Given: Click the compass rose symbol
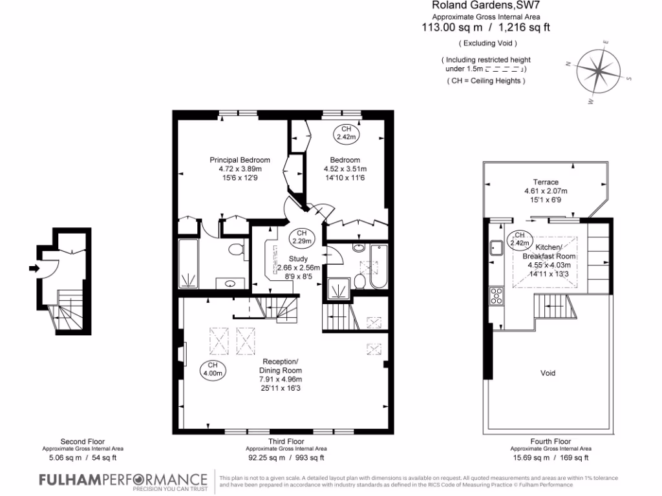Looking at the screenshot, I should pyautogui.click(x=598, y=72).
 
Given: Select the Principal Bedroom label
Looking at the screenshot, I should pyautogui.click(x=239, y=160).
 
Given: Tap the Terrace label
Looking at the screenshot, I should pyautogui.click(x=545, y=182).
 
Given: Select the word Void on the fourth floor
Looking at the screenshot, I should pyautogui.click(x=547, y=373).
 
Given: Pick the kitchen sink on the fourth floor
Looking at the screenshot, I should pyautogui.click(x=497, y=247).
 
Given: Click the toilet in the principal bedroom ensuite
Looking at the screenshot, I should pyautogui.click(x=236, y=249).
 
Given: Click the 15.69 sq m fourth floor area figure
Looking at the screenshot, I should pyautogui.click(x=530, y=458).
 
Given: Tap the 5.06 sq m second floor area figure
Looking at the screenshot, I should pyautogui.click(x=62, y=458).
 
